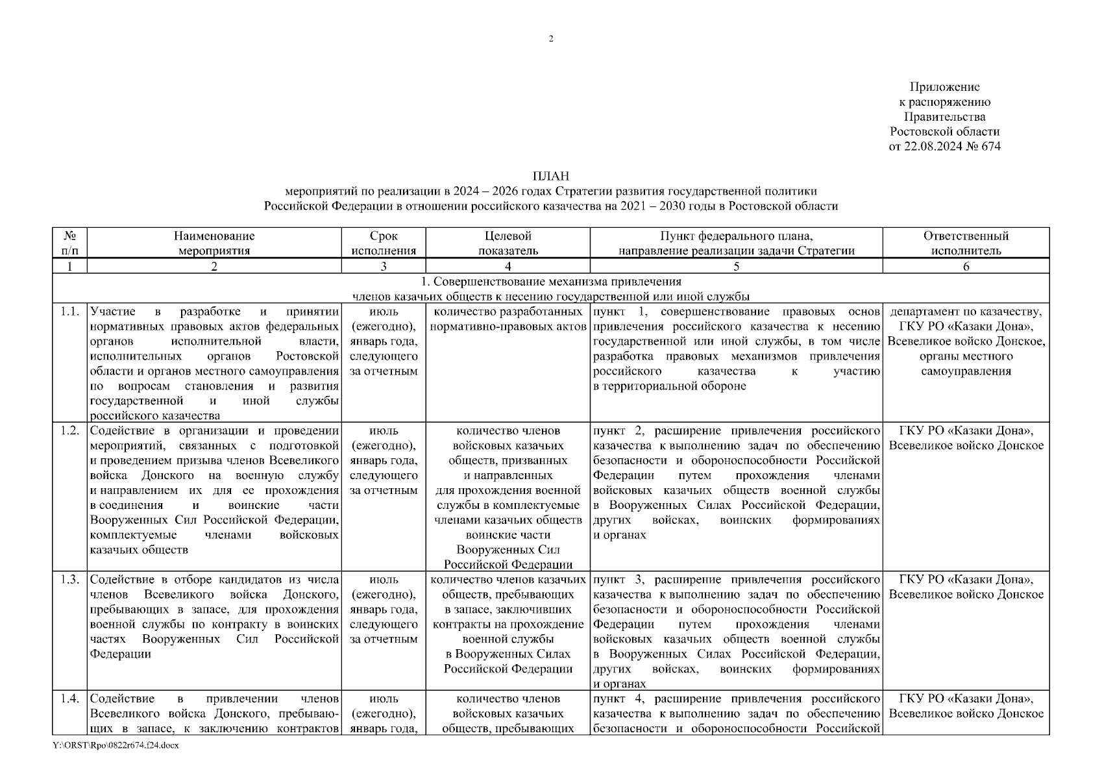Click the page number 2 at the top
(x=551, y=39)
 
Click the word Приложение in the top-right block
(x=944, y=87)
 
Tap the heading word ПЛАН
(x=550, y=176)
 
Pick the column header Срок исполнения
(x=384, y=243)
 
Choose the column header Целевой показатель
(x=508, y=243)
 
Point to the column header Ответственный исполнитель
(x=966, y=243)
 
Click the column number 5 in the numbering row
(x=736, y=266)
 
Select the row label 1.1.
(x=69, y=312)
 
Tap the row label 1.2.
(x=69, y=431)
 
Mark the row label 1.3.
(x=69, y=580)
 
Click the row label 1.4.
(x=69, y=699)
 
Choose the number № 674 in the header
(x=983, y=147)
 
